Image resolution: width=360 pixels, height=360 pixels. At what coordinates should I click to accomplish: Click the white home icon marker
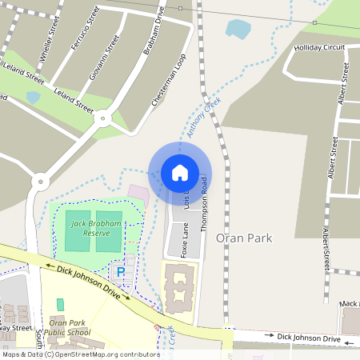pyautogui.click(x=180, y=173)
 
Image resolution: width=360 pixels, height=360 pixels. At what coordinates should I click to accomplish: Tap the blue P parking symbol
pyautogui.click(x=122, y=274)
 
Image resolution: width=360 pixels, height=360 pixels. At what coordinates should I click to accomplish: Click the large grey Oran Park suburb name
pyautogui.click(x=245, y=238)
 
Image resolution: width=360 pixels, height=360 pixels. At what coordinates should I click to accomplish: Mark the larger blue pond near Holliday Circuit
pyautogui.click(x=238, y=30)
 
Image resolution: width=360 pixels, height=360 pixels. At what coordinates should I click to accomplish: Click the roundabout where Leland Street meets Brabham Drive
pyautogui.click(x=102, y=118)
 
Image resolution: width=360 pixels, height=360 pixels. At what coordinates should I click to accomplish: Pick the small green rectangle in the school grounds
pyautogui.click(x=60, y=305)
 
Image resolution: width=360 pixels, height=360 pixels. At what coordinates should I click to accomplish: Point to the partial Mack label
pyautogui.click(x=349, y=303)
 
